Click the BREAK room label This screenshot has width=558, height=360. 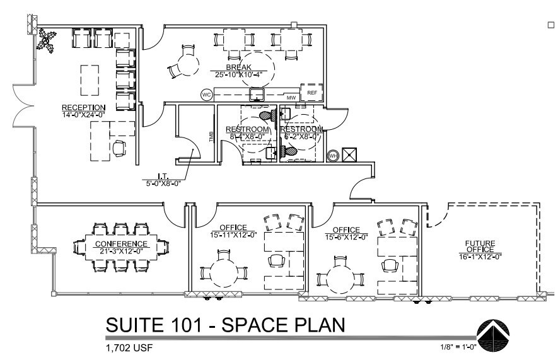coord(239,67)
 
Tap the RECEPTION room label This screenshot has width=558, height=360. coord(83,107)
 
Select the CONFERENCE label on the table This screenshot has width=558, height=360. coord(121,244)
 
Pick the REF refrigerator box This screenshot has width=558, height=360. coord(311,93)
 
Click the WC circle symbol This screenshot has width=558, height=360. coord(206,95)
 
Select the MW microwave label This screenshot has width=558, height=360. coord(291,98)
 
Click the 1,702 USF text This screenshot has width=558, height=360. coord(130,347)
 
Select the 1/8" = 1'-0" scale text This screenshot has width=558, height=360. coord(458,347)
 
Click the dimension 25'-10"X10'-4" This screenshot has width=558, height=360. coord(239,74)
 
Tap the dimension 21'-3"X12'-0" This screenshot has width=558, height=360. coord(121,251)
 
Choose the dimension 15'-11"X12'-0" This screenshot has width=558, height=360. coord(233,235)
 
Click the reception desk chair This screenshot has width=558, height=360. coord(119,148)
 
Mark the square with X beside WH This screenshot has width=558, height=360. coord(350,155)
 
